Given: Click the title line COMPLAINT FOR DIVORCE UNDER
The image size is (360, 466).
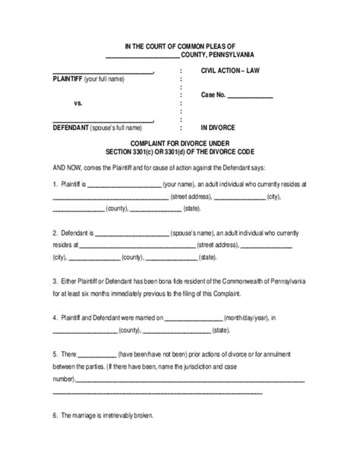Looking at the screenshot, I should [x=179, y=141].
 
